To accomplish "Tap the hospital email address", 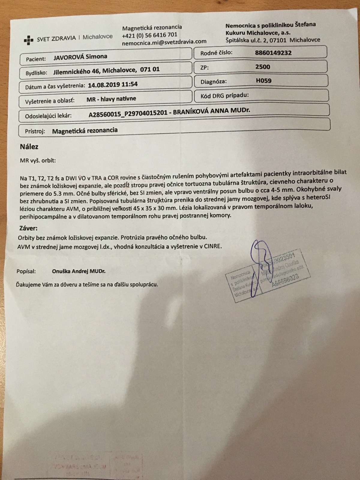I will pos(164,42).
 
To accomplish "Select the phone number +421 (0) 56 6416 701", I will pos(149,34).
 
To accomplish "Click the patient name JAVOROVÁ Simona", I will pos(80,57).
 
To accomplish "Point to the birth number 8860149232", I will pos(273,53).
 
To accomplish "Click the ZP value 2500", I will pos(262,67).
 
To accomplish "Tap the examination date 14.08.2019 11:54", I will pos(113,84).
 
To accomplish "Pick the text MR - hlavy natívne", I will pos(111,99).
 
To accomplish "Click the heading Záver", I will pos(28,228).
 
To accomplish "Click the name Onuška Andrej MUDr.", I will pos(79,271).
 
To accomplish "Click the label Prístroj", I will pos(35,131).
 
